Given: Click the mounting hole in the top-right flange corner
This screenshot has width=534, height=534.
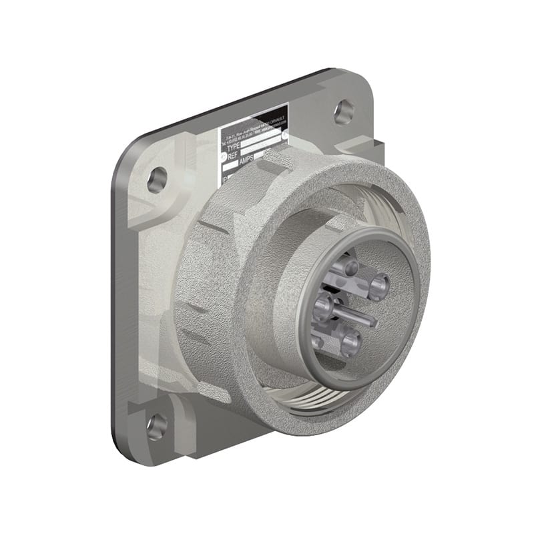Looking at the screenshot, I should [x=344, y=111].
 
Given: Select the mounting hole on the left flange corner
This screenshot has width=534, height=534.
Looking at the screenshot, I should [x=157, y=180].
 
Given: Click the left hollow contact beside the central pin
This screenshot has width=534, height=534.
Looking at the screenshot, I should [x=322, y=307].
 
